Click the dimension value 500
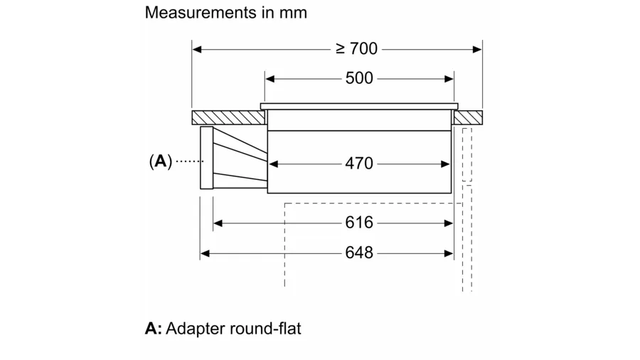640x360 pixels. click(359, 78)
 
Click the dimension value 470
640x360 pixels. click(359, 163)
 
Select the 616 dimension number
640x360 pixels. click(359, 223)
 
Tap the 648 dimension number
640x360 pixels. click(359, 253)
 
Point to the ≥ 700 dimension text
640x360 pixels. click(356, 48)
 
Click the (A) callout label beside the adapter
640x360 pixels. click(161, 162)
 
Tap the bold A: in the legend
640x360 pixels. click(154, 329)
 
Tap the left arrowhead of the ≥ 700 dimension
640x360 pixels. click(197, 49)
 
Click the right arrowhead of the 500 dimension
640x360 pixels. click(449, 79)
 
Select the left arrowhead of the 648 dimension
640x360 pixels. click(205, 253)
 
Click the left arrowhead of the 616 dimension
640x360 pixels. click(218, 223)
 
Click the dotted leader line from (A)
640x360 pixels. click(188, 162)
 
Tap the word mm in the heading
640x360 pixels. click(294, 12)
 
